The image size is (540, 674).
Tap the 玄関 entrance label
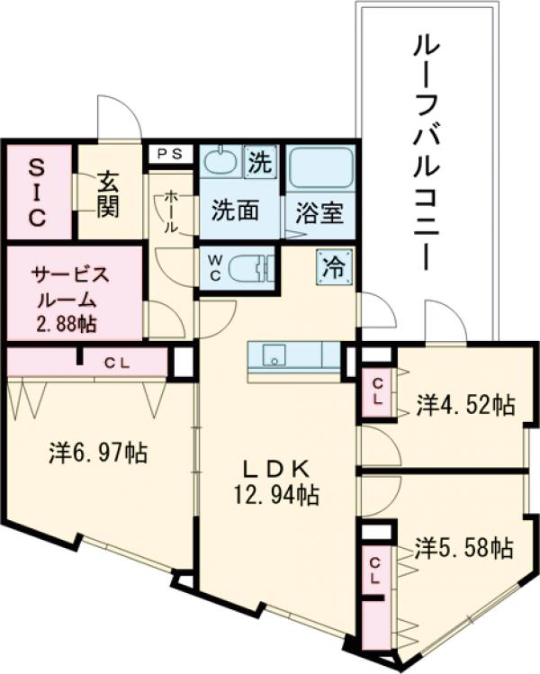click(x=109, y=193)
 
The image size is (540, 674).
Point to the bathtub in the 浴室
click(x=320, y=168)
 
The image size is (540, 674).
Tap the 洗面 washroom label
click(x=236, y=211)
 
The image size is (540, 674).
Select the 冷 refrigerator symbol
click(x=334, y=265)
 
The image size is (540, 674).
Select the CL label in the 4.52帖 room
click(x=378, y=392)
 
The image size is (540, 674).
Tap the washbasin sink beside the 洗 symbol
click(x=219, y=163)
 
